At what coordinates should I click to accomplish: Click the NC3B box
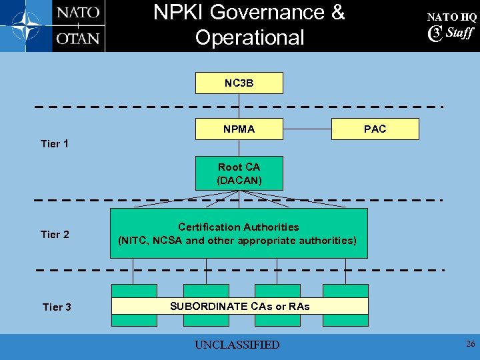click(239, 83)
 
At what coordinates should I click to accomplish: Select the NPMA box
click(239, 129)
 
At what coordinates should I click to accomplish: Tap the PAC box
click(375, 129)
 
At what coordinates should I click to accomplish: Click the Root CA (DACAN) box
click(239, 173)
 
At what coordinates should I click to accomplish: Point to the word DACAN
click(239, 180)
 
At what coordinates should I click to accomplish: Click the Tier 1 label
click(55, 143)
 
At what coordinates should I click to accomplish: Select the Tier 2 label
click(55, 234)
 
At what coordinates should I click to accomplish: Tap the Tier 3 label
click(57, 307)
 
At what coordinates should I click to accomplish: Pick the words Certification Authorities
click(239, 227)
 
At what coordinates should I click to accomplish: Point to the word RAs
click(299, 306)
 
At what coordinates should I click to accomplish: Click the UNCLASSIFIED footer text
click(237, 345)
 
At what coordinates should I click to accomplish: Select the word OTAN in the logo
click(78, 38)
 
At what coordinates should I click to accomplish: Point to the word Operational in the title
click(249, 37)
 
